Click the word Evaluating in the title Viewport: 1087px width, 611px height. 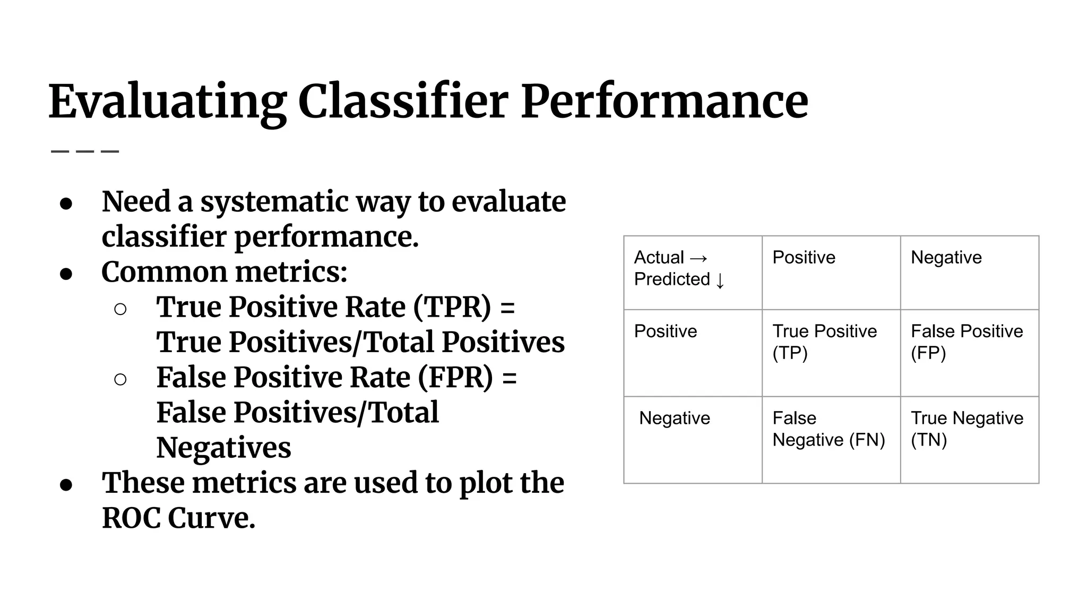[x=167, y=102]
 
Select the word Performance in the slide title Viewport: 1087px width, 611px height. [x=664, y=102]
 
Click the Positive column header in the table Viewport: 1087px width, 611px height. [x=804, y=258]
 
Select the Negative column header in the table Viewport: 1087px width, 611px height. [x=946, y=258]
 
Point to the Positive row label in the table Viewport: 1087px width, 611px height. [x=666, y=331]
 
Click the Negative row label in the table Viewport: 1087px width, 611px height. [x=674, y=418]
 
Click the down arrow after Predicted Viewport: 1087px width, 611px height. [x=720, y=281]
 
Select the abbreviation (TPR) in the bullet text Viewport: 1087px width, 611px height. [x=452, y=307]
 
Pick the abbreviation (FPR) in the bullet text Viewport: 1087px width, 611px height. [x=455, y=378]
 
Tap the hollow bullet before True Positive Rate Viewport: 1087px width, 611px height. [x=120, y=309]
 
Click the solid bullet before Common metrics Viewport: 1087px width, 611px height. [x=66, y=274]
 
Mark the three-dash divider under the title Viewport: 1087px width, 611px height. [x=85, y=152]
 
